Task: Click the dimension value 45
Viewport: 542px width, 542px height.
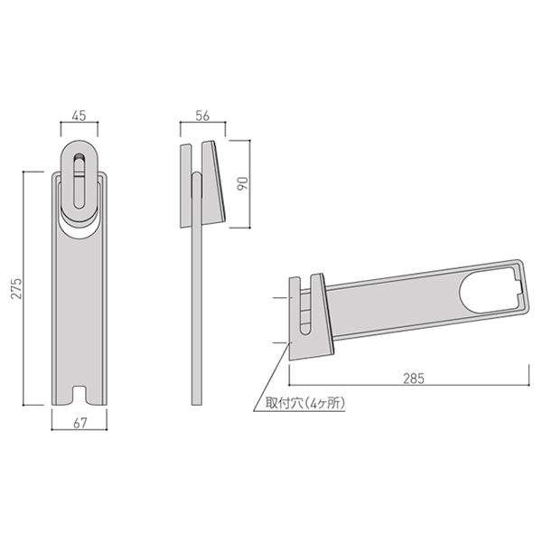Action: pyautogui.click(x=79, y=115)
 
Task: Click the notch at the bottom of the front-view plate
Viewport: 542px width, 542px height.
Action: pyautogui.click(x=79, y=395)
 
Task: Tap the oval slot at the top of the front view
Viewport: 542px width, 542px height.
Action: pyautogui.click(x=79, y=181)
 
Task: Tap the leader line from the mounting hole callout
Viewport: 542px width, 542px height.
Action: pyautogui.click(x=276, y=370)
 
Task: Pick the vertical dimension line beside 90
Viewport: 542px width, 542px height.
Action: pyautogui.click(x=234, y=184)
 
